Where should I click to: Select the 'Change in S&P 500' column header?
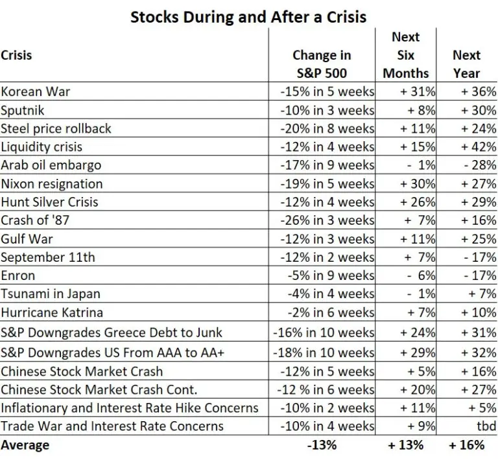click(322, 64)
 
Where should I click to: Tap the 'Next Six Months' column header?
click(406, 55)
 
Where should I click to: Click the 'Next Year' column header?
click(466, 64)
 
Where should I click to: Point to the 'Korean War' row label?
click(36, 91)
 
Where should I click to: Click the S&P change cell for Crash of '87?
click(327, 220)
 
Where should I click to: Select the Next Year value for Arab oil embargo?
click(479, 165)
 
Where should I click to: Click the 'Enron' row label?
click(18, 276)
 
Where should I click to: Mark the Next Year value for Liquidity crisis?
click(478, 146)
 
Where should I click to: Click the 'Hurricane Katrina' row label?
click(52, 313)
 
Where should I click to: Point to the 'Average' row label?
click(25, 445)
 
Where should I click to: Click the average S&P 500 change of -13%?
click(322, 445)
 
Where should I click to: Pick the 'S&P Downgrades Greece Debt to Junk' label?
click(112, 333)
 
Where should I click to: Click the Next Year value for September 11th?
click(479, 258)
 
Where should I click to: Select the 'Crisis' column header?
click(17, 56)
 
